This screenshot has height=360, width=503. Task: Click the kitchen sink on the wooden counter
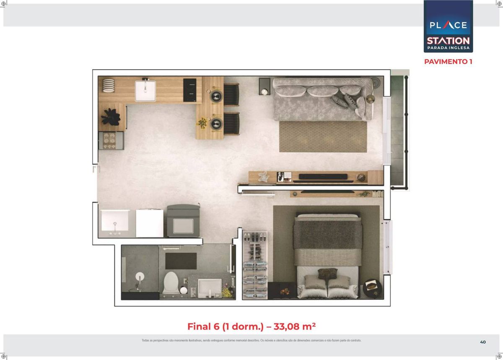(x=145, y=91)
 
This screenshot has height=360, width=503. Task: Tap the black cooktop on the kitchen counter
(x=189, y=90)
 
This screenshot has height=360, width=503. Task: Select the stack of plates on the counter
(x=109, y=85)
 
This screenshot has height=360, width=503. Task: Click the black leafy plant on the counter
(x=111, y=117)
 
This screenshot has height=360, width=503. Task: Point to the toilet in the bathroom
(x=171, y=283)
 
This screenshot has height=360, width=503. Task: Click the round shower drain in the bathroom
(x=140, y=276)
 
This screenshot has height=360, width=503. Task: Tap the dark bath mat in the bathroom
(x=181, y=261)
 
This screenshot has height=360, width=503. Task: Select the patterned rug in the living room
(x=323, y=137)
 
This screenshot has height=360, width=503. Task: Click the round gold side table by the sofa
(x=371, y=98)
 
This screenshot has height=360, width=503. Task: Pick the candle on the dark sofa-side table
(x=264, y=92)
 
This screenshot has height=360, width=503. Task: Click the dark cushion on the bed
(x=327, y=274)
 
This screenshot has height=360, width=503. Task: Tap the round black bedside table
(x=372, y=288)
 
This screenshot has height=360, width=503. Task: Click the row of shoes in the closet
(x=255, y=237)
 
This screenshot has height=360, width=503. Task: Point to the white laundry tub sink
(x=115, y=220)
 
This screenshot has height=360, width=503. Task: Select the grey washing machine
(x=183, y=221)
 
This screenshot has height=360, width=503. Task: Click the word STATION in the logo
(x=448, y=41)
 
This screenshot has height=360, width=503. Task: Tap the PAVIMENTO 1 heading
(x=448, y=62)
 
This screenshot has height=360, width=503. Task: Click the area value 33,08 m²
(x=295, y=326)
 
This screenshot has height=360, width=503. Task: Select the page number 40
(x=483, y=342)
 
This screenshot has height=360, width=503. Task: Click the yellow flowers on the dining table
(x=202, y=123)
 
